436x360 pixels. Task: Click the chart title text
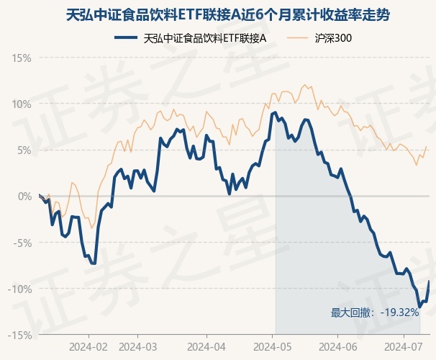tap(217, 14)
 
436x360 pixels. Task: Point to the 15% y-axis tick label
tap(22, 58)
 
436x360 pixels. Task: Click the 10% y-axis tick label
tap(22, 104)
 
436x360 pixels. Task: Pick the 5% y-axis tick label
tap(24, 150)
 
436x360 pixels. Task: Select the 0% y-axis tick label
tap(24, 196)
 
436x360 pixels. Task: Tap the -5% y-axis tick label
tap(23, 243)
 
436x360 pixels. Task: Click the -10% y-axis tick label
tap(20, 289)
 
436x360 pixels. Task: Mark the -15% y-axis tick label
tap(20, 335)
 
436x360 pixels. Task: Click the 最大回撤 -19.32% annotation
tap(374, 312)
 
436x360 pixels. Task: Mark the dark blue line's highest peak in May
tap(275, 112)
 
